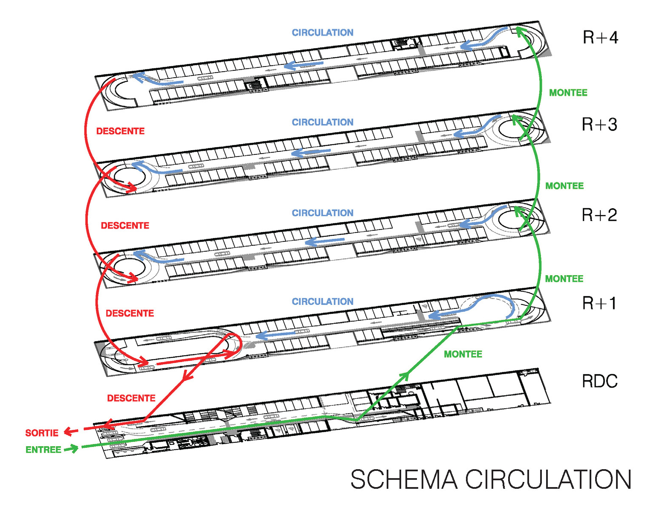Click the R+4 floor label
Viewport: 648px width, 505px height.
coord(600,38)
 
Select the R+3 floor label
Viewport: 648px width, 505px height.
coord(599,125)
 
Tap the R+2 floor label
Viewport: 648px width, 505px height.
coord(599,215)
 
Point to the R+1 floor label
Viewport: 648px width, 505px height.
coord(599,303)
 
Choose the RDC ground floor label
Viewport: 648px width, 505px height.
coord(600,381)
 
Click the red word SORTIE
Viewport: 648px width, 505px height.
coord(42,433)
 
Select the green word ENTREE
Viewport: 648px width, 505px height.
coord(43,450)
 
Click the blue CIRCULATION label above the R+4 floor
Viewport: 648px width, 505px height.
coord(322,32)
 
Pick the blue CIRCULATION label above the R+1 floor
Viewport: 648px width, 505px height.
coord(322,302)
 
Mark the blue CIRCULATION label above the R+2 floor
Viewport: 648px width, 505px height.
coord(322,213)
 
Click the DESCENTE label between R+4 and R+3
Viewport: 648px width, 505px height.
coord(120,131)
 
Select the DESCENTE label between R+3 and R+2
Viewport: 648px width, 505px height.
coord(125,225)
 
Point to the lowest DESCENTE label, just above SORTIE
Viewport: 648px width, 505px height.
coord(131,398)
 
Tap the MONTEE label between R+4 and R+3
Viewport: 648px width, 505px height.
coord(568,93)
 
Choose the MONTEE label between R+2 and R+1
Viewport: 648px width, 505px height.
coord(564,279)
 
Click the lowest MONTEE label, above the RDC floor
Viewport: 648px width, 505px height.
coord(463,354)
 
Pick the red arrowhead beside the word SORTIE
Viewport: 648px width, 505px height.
coord(69,432)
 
